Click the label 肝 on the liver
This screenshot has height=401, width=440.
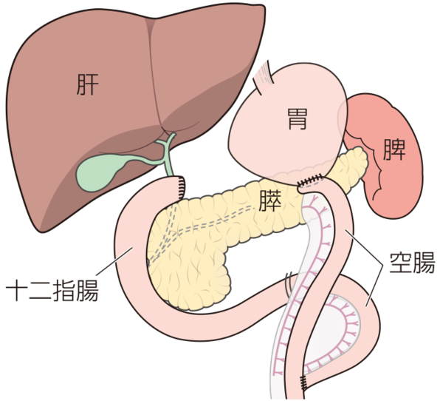[x=88, y=84]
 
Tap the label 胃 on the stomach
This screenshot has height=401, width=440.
[x=298, y=119]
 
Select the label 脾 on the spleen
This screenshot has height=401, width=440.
[x=394, y=149]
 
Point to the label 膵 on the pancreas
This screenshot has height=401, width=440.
[x=269, y=200]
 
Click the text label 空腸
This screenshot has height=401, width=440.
[x=412, y=263]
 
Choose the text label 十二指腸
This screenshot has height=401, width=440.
[x=52, y=290]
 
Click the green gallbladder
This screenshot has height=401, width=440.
[x=98, y=173]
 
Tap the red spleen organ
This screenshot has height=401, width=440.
[x=390, y=158]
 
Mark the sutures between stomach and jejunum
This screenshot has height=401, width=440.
[x=311, y=181]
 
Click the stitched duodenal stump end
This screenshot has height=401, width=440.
[x=182, y=187]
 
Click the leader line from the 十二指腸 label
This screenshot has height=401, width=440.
[x=114, y=261]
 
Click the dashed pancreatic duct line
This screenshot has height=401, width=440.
[x=213, y=222]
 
